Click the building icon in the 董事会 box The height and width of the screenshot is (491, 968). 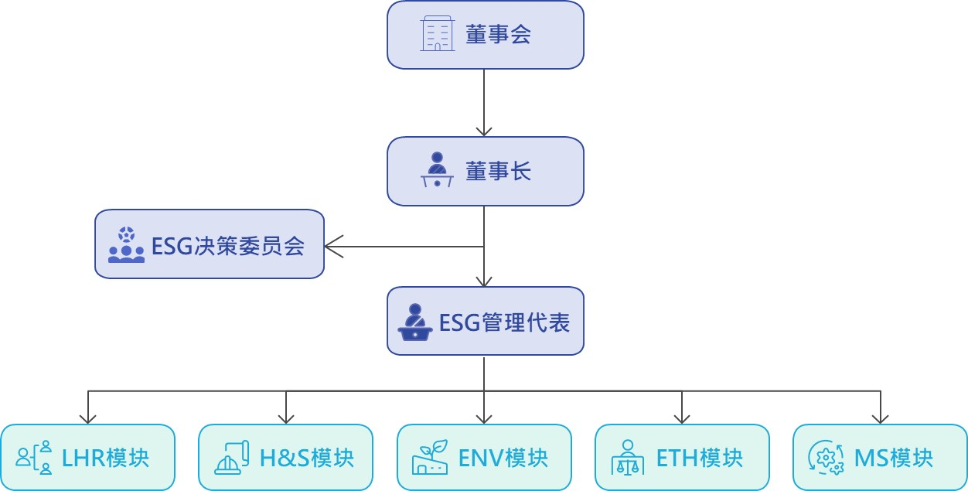(438, 35)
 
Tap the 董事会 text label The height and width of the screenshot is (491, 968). (498, 35)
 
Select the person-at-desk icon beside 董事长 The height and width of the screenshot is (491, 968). (438, 171)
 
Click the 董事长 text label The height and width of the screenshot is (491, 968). (498, 171)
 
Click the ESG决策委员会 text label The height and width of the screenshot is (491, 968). (228, 247)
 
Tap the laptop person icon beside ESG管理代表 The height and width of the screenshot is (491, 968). (415, 322)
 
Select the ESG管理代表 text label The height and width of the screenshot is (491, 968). (504, 322)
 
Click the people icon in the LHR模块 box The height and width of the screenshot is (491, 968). (35, 458)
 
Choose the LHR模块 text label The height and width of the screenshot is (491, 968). (105, 458)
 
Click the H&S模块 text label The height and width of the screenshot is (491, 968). (306, 458)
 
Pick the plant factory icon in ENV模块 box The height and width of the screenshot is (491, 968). (431, 458)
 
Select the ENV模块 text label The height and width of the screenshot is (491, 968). (503, 458)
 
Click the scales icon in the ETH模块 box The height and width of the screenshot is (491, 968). (627, 458)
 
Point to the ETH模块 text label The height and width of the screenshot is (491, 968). (699, 458)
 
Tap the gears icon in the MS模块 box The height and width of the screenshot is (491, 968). (825, 458)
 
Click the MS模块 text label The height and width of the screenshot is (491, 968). (893, 458)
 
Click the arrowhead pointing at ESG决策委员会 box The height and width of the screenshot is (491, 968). (332, 247)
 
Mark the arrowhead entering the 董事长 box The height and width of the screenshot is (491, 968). (484, 131)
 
